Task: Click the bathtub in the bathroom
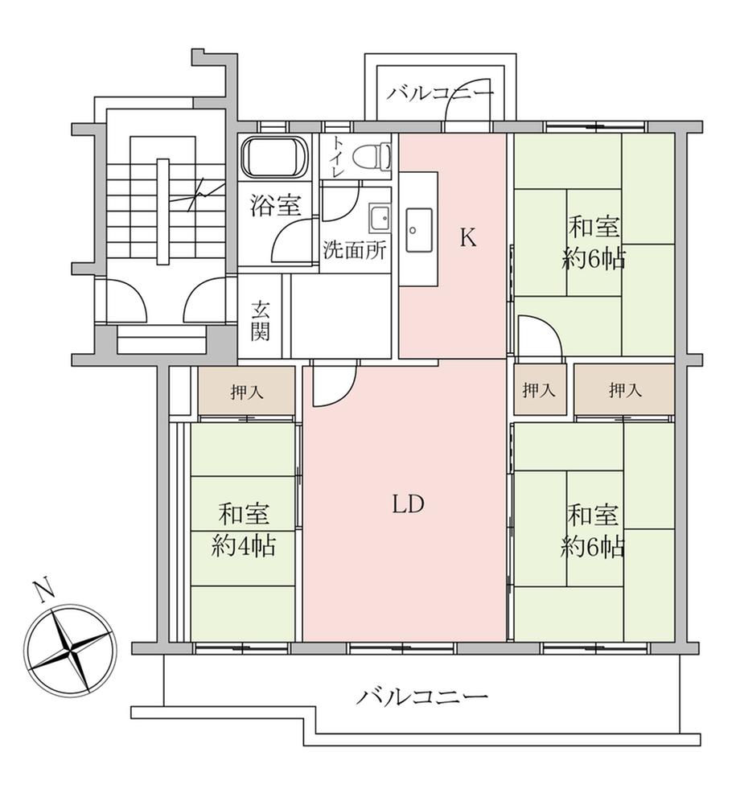point(274,157)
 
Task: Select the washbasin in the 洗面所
point(380,219)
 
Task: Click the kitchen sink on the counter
point(418,231)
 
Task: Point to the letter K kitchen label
point(468,237)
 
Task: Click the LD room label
point(408,503)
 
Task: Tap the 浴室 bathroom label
point(275,205)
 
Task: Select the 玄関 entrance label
point(261,321)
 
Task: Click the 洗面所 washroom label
point(355,250)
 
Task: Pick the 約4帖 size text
point(243,546)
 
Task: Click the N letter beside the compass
point(43,590)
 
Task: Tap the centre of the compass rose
point(70,649)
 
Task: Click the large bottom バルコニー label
point(421,696)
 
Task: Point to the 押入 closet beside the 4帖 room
point(246,391)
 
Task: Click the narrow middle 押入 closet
point(539,390)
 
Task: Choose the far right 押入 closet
point(624,390)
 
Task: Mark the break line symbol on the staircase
point(197,195)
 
